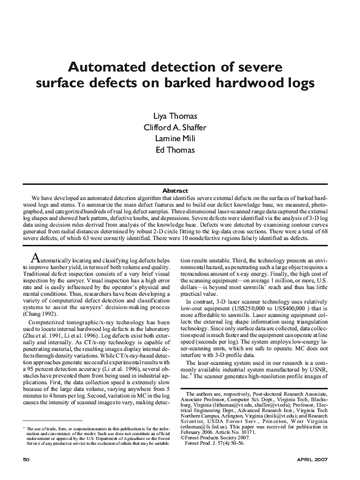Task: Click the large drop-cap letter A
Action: click(36, 256)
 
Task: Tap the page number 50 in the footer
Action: click(26, 459)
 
